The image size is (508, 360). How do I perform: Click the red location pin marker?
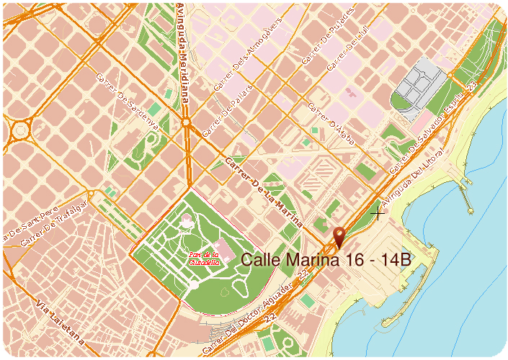pos(339,236)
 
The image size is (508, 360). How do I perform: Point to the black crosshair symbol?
pos(378,212)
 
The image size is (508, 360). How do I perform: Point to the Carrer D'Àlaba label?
pos(331,125)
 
